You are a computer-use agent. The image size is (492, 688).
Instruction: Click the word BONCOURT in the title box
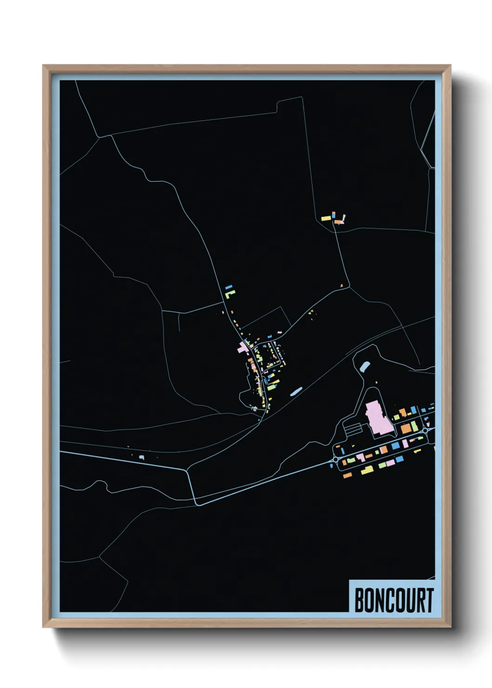pos(394,600)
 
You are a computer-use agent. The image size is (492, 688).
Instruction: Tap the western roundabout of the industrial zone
pos(336,460)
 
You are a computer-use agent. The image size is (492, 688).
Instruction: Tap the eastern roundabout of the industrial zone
pos(425,431)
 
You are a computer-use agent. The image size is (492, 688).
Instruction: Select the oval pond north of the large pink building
pos(365,366)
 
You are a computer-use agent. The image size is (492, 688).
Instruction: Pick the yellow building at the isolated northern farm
pos(326,218)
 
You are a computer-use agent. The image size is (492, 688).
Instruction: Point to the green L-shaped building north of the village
pos(229,294)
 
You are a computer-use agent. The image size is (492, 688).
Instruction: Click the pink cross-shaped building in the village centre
pos(244,347)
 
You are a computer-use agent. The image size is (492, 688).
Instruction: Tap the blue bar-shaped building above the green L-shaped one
pos(228,288)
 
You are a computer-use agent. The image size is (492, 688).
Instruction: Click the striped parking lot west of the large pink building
pos(353,429)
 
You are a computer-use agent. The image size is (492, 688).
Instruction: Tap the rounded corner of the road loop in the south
pos(197,503)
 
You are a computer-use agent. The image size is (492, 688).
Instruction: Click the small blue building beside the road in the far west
pos(142,457)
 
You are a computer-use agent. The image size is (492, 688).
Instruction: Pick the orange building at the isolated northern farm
pos(337,222)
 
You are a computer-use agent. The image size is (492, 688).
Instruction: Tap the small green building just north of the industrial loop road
pos(396,418)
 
